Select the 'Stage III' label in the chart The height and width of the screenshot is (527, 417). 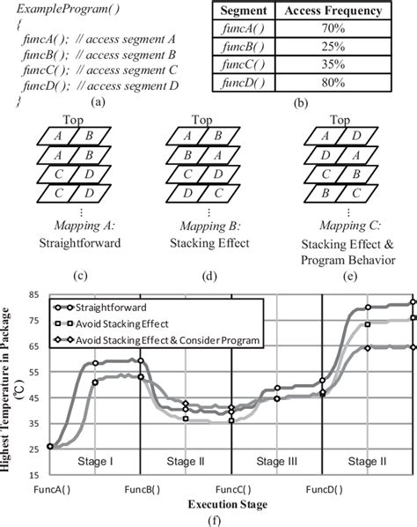274,461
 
